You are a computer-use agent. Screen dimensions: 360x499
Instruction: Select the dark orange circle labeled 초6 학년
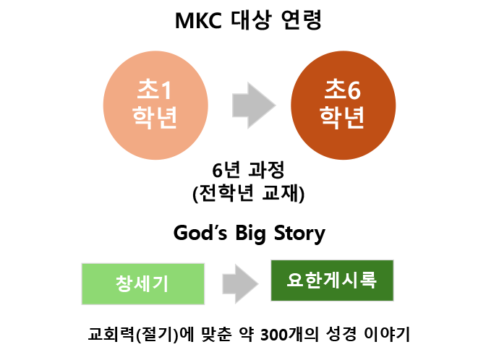click(343, 105)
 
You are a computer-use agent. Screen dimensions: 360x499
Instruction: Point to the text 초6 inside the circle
click(343, 90)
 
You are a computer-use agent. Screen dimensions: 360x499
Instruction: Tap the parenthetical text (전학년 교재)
click(249, 192)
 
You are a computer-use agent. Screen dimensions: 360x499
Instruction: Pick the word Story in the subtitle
click(299, 233)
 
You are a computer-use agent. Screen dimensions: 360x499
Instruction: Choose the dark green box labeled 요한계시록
click(332, 280)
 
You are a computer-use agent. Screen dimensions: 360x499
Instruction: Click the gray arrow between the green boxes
click(238, 281)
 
